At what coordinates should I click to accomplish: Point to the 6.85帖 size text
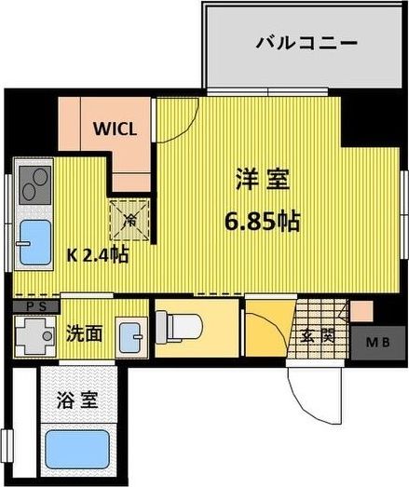pos(261,223)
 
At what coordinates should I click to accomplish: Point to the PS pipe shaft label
pos(35,304)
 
